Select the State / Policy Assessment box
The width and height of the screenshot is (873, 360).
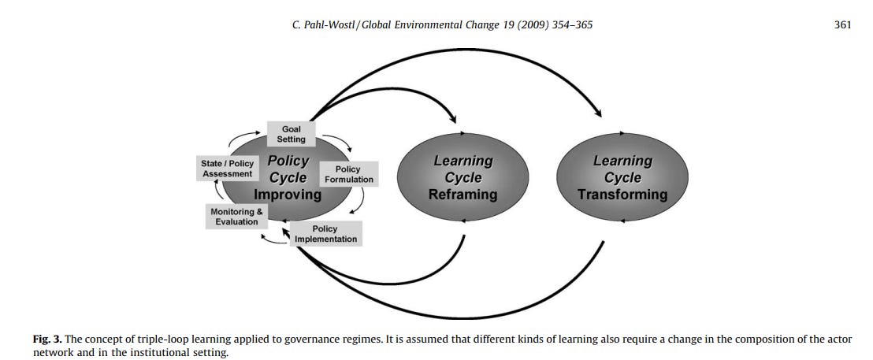click(227, 169)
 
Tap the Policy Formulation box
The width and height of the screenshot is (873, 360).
click(347, 174)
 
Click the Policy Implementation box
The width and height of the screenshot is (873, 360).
click(325, 234)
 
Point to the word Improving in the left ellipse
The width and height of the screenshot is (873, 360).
click(288, 195)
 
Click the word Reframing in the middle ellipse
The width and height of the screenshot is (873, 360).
click(463, 195)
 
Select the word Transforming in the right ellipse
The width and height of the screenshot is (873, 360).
click(622, 195)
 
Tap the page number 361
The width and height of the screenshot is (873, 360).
click(842, 25)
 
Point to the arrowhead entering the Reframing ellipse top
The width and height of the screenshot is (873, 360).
click(454, 119)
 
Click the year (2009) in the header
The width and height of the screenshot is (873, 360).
click(526, 25)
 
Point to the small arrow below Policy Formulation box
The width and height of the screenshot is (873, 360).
click(358, 203)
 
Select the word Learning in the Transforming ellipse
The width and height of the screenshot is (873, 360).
click(622, 161)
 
